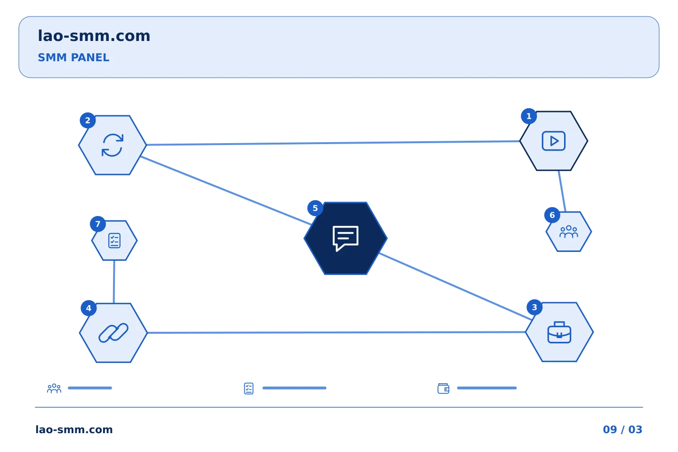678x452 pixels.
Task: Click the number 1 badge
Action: coord(529,116)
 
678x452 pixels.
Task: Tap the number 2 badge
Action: coord(88,121)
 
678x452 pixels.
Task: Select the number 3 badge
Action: coord(534,307)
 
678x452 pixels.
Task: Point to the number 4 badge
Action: coord(89,308)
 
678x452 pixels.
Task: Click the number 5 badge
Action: coord(315,208)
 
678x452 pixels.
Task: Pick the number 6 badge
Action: coord(552,215)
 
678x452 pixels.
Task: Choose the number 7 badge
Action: coord(98,224)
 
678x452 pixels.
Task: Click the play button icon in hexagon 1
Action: coord(554,141)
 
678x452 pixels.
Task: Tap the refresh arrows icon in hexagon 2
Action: coord(113,145)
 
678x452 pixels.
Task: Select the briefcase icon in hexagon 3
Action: coord(559,332)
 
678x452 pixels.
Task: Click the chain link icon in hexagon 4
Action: coord(113,333)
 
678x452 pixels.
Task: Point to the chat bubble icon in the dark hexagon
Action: coord(346,238)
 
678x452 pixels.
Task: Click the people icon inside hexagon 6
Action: coord(569,232)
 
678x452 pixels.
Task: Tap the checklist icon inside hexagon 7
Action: coord(114,241)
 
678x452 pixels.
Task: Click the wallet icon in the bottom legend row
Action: coord(444,388)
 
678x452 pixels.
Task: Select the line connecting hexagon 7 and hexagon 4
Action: coord(114,282)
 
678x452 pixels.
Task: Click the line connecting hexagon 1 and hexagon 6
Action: coord(562,191)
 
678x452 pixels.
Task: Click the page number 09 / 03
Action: coord(622,429)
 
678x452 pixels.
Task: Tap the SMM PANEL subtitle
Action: coord(73,57)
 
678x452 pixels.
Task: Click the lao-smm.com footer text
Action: coord(74,429)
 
